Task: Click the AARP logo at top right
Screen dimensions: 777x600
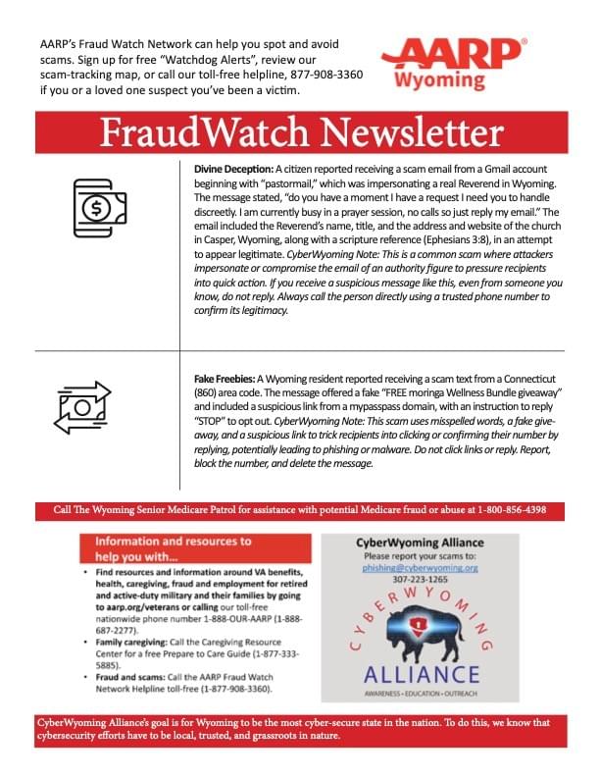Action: [453, 52]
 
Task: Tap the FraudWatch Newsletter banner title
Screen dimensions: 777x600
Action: [300, 130]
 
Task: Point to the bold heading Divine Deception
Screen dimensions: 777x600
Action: [232, 169]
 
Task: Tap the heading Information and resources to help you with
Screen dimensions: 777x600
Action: [175, 547]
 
